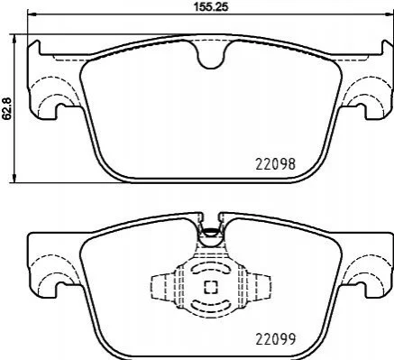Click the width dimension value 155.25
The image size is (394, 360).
(211, 6)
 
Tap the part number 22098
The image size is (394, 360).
(276, 164)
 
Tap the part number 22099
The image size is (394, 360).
(276, 339)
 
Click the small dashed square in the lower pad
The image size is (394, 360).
(211, 287)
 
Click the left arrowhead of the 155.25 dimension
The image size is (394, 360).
(32, 14)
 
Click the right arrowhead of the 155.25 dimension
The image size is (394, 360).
(389, 14)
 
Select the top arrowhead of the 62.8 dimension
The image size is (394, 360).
(13, 39)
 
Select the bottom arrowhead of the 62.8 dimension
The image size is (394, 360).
(13, 178)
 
